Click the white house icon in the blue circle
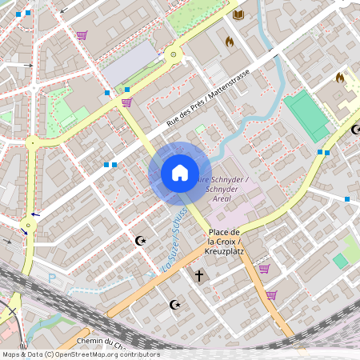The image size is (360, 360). [179, 173]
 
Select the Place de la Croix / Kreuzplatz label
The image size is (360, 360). [225, 242]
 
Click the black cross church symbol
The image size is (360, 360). [199, 276]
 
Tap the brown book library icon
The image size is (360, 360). [238, 14]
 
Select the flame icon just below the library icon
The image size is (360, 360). [230, 42]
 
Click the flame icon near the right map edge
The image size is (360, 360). [340, 78]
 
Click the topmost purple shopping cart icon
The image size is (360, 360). [81, 34]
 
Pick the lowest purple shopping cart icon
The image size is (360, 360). [271, 295]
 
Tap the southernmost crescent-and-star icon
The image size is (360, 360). [175, 304]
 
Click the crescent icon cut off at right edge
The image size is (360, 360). [356, 129]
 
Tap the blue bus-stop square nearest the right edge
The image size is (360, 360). [347, 198]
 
